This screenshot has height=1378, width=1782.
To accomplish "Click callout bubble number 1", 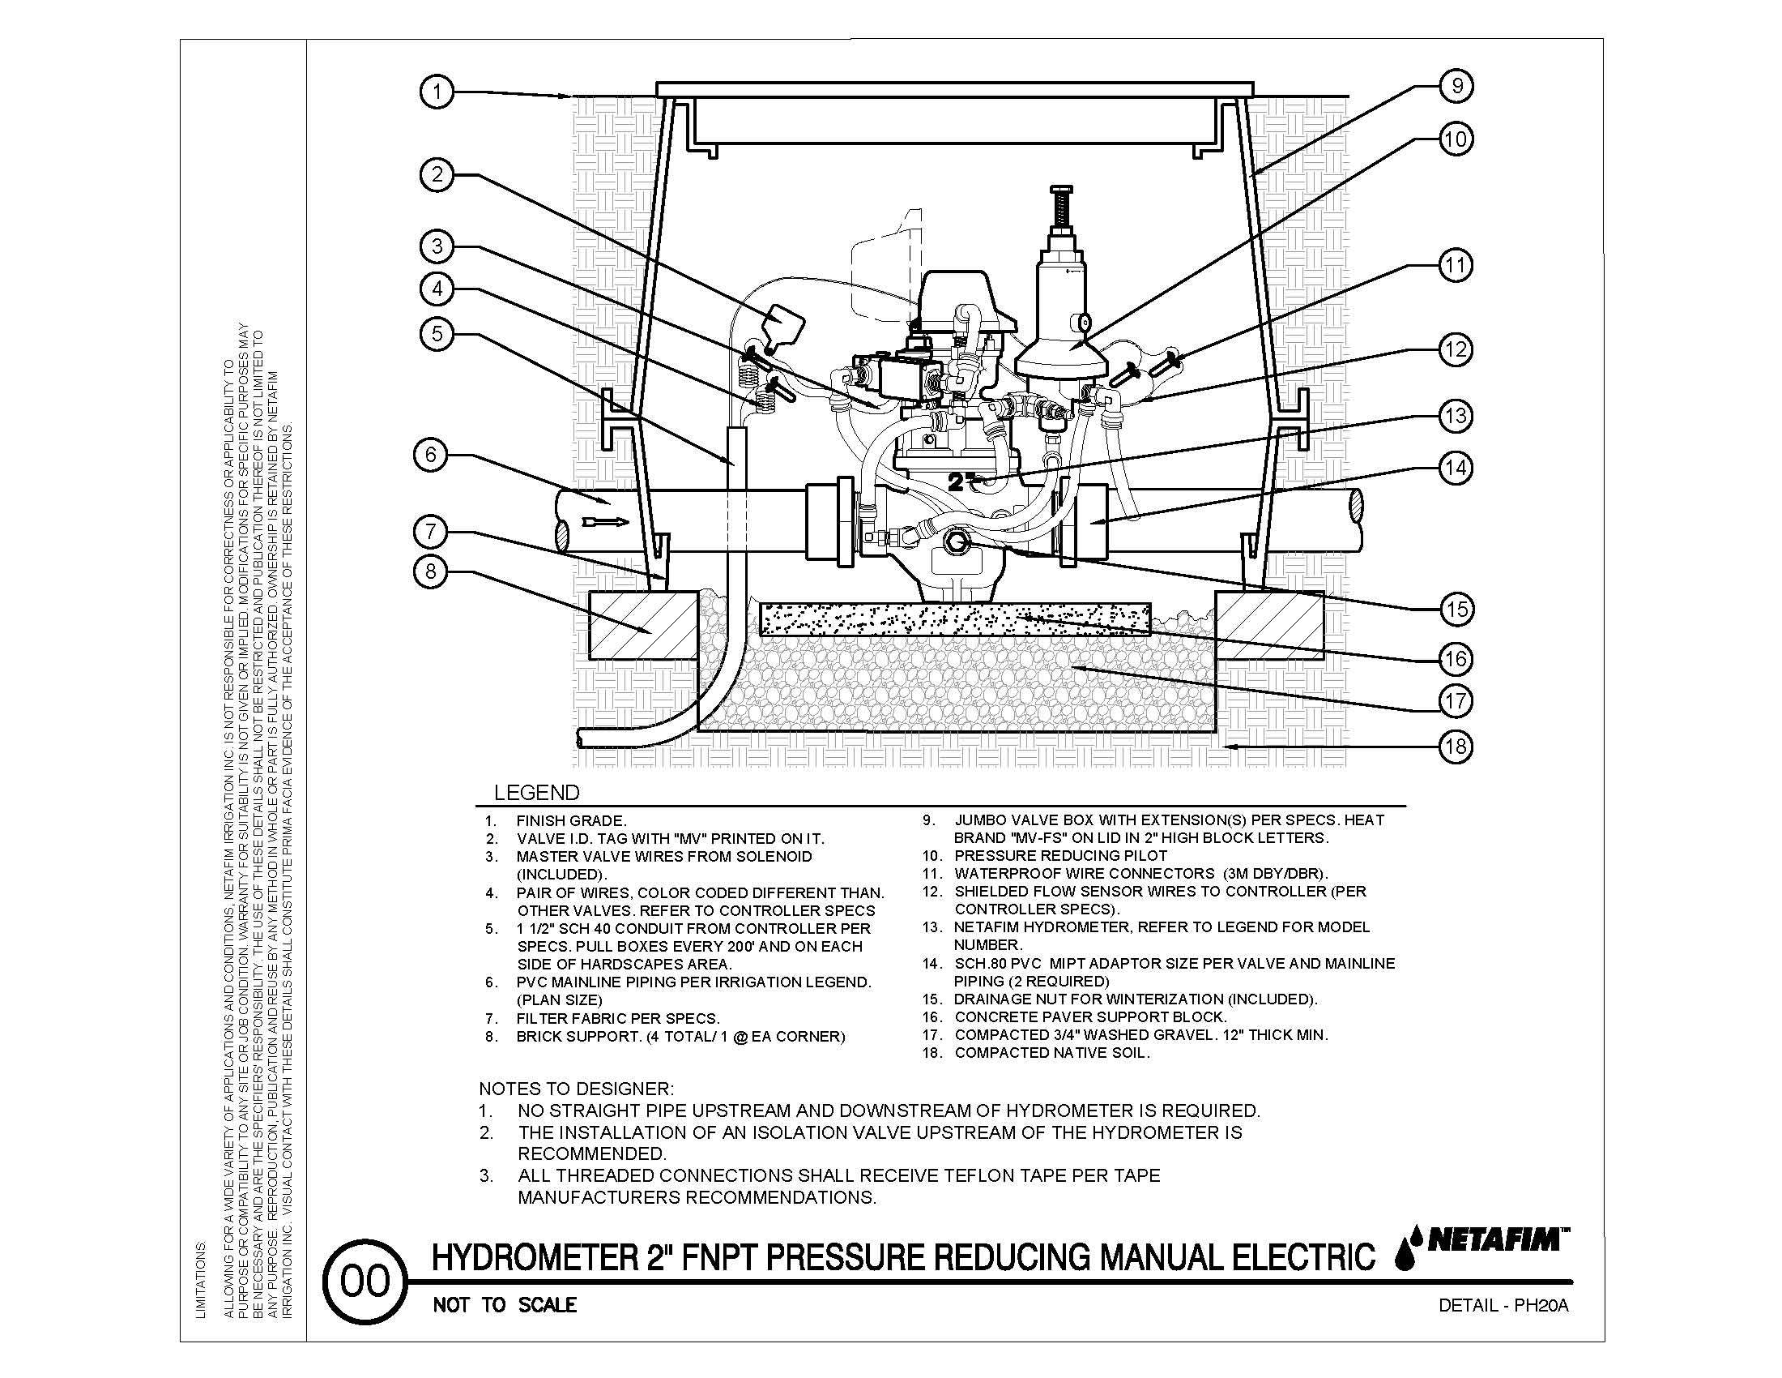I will point(437,92).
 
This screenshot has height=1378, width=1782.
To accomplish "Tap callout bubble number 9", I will point(1456,86).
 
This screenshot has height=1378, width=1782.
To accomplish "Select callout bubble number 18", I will point(1456,745).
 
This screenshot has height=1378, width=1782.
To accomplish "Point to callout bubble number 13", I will point(1456,416).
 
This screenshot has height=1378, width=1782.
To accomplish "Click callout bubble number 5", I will point(437,334).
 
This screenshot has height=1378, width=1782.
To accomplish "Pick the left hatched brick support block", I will point(643,625).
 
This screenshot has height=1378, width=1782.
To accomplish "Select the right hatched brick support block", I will point(1269,625).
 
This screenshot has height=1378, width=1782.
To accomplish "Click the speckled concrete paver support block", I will point(955,618).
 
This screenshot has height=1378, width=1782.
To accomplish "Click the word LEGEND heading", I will point(537,793).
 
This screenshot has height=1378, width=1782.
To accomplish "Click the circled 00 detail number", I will point(364,1282).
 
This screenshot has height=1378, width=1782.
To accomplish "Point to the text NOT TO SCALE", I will point(505,1304).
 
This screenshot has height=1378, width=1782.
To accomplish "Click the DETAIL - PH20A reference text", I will point(1503,1305).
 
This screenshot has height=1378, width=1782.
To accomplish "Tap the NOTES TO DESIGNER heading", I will point(576,1089).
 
